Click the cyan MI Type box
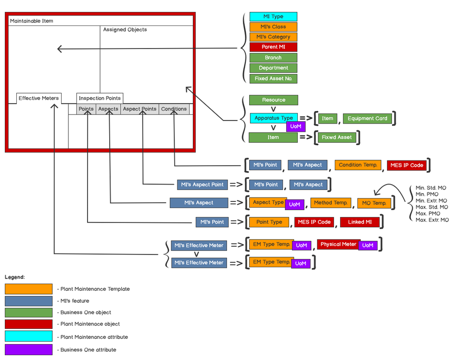tap(273, 17)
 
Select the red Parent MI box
tap(273, 47)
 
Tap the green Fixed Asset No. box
tap(273, 78)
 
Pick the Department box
tap(273, 68)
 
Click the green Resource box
tap(273, 100)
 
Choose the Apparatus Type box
tap(273, 118)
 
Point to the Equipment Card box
tap(367, 118)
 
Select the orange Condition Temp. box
tap(358, 165)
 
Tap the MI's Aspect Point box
tap(202, 185)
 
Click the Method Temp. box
tap(330, 203)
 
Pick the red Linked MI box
tap(360, 222)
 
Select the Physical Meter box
tap(339, 244)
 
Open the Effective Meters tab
tap(38, 99)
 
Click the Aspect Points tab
tap(139, 109)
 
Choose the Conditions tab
tap(174, 109)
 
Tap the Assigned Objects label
tap(125, 30)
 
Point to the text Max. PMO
tap(428, 213)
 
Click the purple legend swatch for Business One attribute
tap(28, 350)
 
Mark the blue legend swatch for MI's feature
tap(28, 301)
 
